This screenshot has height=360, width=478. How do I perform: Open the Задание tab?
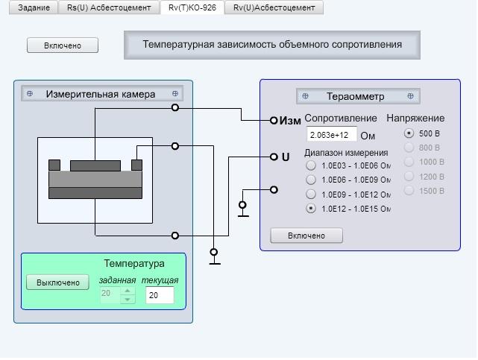pos(34,7)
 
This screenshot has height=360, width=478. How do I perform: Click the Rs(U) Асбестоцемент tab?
pos(109,7)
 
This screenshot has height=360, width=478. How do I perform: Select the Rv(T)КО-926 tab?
pos(192,7)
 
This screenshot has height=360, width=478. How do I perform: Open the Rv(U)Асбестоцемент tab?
pos(274,7)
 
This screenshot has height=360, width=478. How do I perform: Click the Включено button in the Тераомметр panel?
pos(306,236)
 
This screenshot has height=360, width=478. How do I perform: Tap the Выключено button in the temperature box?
pos(58,282)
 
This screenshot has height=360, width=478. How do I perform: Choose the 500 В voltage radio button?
pos(409,133)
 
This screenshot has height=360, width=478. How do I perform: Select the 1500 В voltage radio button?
pos(409,191)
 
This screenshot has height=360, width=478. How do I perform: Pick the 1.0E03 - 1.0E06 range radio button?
pos(311,165)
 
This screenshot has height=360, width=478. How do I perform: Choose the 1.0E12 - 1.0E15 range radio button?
pos(311,209)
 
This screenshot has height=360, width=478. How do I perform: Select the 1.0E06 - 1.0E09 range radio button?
pos(311,180)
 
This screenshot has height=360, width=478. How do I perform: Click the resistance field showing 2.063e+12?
pos(332,134)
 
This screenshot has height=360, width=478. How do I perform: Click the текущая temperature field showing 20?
pos(160,295)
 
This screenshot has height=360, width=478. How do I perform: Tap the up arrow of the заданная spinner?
pos(128,291)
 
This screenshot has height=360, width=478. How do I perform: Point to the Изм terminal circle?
pos(274,120)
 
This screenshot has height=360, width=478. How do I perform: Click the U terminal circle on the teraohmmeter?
pos(274,157)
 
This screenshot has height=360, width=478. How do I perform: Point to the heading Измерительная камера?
pos(101,94)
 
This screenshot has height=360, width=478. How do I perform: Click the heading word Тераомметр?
pos(356,97)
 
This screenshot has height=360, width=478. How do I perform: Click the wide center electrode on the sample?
pos(95,165)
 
